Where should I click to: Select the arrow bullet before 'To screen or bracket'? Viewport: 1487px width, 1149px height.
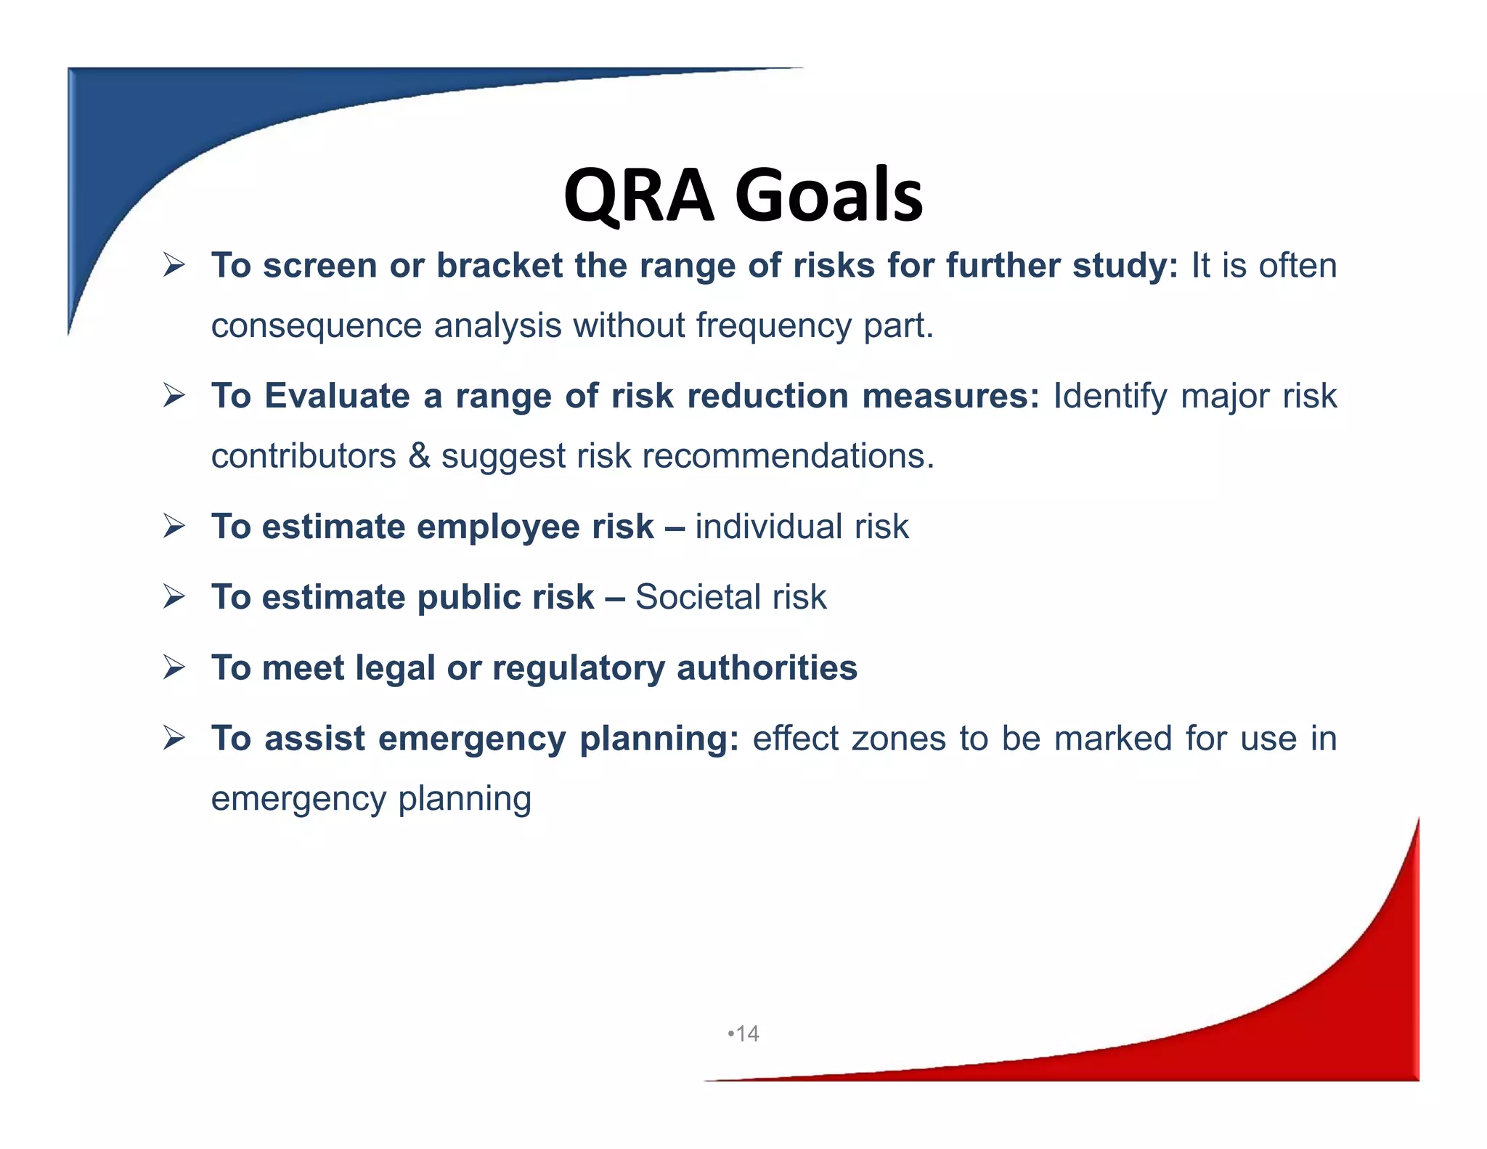[x=174, y=265]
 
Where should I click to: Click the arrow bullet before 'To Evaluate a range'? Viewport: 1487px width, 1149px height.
[x=174, y=396]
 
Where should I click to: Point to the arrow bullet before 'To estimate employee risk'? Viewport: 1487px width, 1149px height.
[x=174, y=526]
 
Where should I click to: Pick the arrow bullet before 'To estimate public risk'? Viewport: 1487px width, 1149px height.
[x=174, y=596]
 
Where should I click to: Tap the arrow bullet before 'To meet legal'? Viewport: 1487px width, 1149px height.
[x=174, y=667]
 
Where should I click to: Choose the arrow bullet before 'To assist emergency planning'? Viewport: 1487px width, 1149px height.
[x=174, y=738]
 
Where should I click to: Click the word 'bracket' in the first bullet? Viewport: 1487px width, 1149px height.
[x=499, y=265]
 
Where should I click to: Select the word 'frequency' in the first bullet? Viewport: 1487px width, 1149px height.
[x=773, y=325]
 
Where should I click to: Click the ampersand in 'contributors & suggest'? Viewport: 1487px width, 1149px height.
[x=419, y=456]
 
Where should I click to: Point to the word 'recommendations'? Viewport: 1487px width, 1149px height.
[x=788, y=456]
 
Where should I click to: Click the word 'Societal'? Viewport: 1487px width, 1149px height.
[x=697, y=597]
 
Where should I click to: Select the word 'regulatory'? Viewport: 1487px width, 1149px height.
[x=578, y=668]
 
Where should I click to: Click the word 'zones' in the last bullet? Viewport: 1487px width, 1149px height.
[x=899, y=739]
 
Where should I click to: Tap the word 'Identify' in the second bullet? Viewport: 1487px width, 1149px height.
[x=1110, y=397]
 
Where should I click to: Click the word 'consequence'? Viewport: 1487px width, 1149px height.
[x=316, y=325]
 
